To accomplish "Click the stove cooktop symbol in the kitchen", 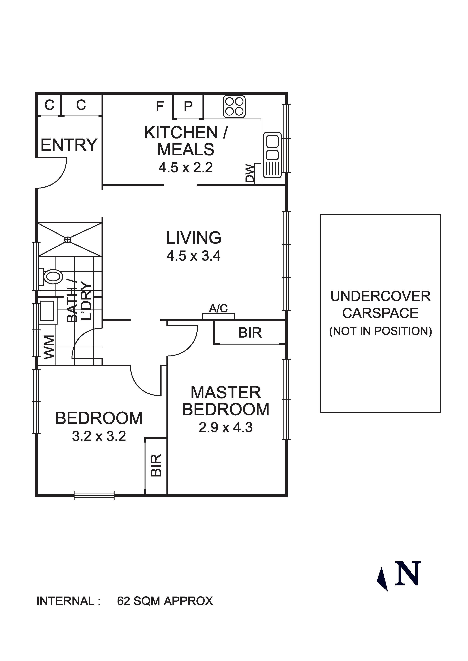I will (234, 106).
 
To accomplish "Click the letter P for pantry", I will (188, 106).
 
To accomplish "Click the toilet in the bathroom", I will (52, 277).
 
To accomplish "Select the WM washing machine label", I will (49, 347).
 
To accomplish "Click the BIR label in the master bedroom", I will (250, 333).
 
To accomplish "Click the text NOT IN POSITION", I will (380, 331).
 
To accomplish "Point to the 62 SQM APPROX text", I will (165, 601).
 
